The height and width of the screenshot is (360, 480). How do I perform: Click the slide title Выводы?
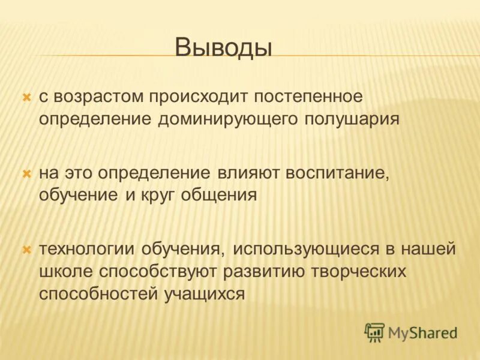pyautogui.click(x=223, y=47)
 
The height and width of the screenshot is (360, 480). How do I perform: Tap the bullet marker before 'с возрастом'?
pyautogui.click(x=26, y=96)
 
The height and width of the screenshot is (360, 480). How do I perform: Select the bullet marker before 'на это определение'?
pyautogui.click(x=26, y=173)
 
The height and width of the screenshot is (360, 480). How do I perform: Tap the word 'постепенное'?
pyautogui.click(x=308, y=96)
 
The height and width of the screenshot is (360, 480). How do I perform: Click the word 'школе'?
pyautogui.click(x=67, y=271)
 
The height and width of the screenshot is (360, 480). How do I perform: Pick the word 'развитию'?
pyautogui.click(x=264, y=271)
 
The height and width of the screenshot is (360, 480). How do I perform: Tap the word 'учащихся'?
pyautogui.click(x=205, y=293)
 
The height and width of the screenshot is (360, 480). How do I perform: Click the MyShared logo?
pyautogui.click(x=412, y=332)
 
